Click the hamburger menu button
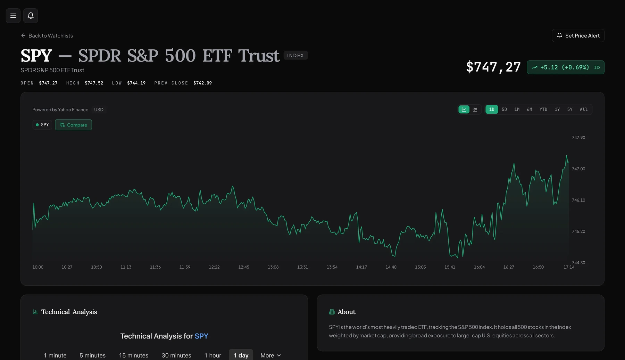13,16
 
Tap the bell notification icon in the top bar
31,16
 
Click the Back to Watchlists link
47,36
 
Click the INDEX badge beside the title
295,56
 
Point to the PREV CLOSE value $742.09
202,83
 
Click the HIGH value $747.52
94,83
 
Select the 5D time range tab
504,109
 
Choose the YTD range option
543,109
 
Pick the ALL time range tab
584,109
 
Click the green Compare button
73,125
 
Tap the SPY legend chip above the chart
42,125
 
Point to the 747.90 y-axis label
578,138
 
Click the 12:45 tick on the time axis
244,267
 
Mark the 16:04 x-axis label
479,267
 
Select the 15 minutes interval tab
134,355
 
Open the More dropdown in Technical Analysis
271,355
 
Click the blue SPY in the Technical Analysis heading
201,336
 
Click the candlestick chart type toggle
475,109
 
